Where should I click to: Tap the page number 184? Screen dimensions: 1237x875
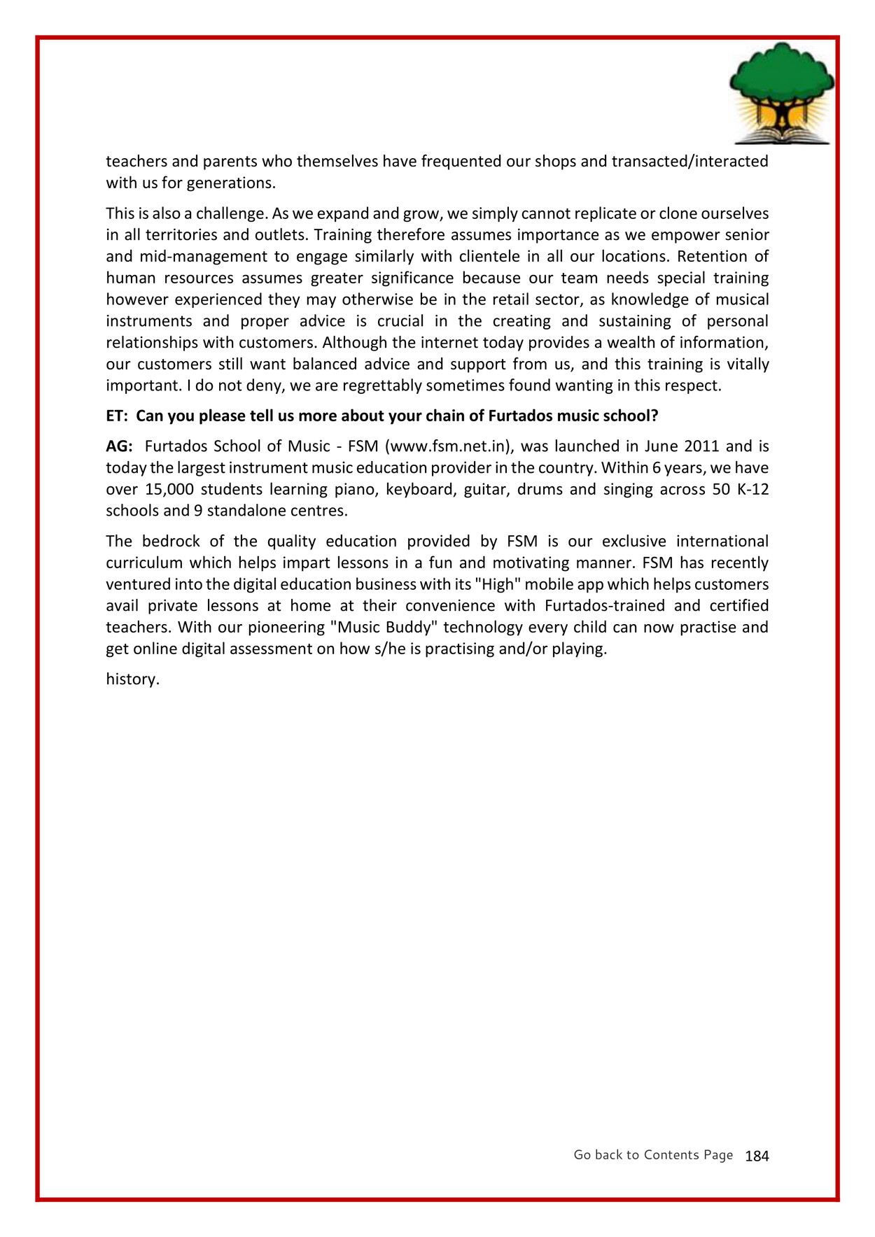tap(757, 1157)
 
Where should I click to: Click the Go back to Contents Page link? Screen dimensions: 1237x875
tap(652, 1155)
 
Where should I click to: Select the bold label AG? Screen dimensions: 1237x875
tap(119, 446)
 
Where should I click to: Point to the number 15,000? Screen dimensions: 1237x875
tap(169, 490)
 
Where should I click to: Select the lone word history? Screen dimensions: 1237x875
tap(133, 679)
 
